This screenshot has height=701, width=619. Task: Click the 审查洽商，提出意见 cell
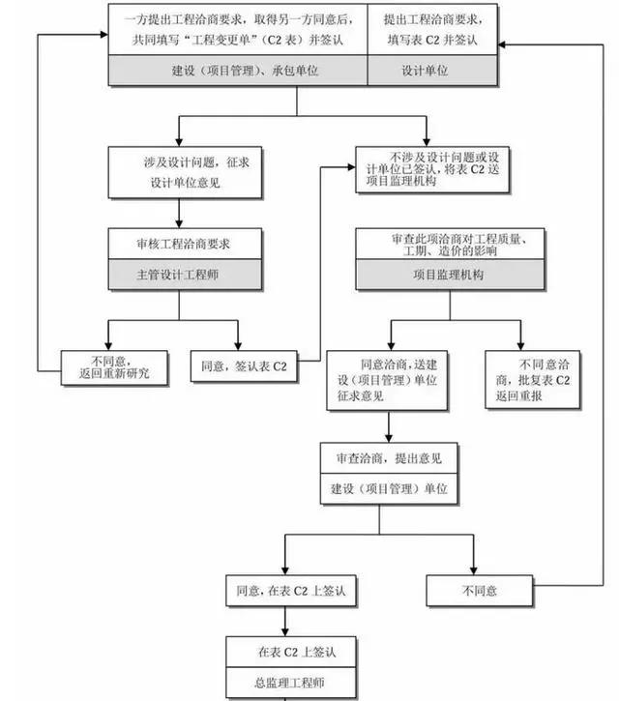(389, 457)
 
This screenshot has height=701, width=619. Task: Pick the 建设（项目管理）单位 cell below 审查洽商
(389, 488)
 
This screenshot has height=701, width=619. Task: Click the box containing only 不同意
(479, 590)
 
